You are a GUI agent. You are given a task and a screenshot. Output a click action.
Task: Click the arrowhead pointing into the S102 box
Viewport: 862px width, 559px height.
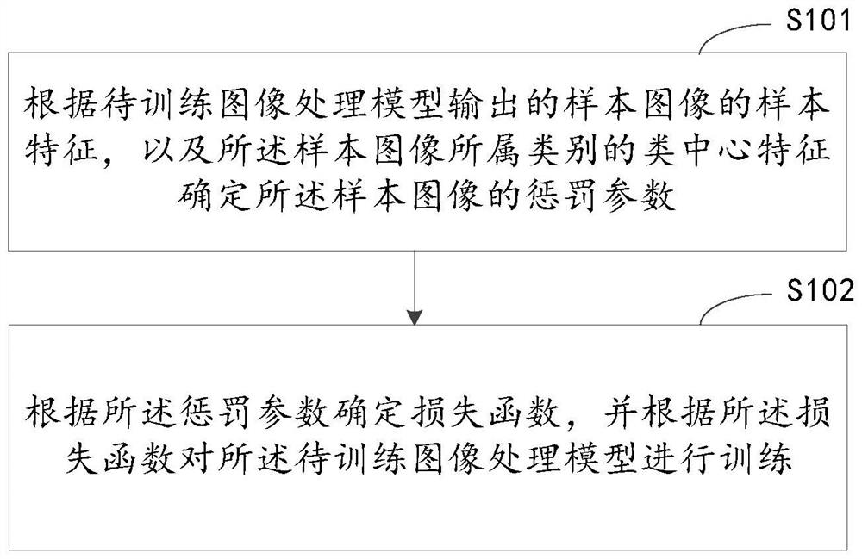(x=415, y=317)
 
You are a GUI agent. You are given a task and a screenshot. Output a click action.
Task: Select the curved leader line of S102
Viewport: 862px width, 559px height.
(x=734, y=307)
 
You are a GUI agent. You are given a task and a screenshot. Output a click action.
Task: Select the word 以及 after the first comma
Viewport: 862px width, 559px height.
(x=178, y=150)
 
